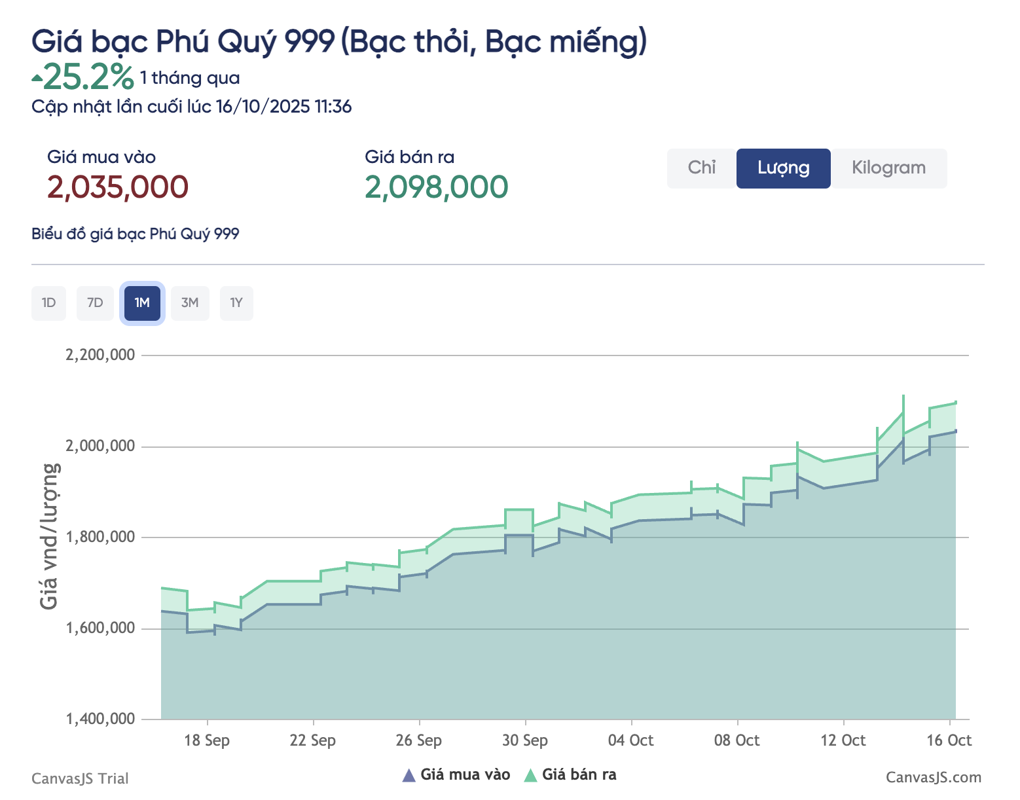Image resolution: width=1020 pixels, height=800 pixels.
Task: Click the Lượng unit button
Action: point(783,168)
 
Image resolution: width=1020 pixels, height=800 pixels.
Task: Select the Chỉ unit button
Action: point(701,168)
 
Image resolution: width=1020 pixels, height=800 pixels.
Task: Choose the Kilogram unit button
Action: point(888,168)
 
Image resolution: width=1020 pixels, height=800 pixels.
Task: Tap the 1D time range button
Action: point(48,303)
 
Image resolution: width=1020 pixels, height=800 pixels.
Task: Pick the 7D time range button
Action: point(95,303)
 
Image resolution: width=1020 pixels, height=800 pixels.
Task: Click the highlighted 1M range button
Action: point(142,303)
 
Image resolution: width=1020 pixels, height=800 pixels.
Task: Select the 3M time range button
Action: point(190,303)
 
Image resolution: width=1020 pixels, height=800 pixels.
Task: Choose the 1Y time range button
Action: point(236,303)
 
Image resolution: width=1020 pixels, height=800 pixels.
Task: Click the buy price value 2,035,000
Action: point(118,187)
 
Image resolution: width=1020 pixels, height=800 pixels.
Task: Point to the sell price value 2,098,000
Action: point(436,187)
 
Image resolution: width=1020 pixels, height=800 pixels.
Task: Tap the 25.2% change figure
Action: point(88,77)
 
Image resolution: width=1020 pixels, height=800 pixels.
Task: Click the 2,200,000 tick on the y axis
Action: point(100,355)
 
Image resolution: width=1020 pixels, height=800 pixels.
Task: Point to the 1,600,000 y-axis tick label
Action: point(100,628)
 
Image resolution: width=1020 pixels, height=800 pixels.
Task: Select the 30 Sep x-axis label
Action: point(525,740)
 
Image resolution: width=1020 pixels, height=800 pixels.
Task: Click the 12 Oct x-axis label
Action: point(843,740)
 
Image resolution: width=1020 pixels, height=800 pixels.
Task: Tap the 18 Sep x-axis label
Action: point(207,740)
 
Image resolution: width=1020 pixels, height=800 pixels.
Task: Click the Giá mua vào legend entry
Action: point(456,775)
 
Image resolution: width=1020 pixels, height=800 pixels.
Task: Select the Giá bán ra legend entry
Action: point(571,775)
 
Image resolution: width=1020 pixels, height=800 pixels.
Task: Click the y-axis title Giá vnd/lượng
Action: point(50,536)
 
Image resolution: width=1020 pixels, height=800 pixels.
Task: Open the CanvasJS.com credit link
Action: point(934,778)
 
